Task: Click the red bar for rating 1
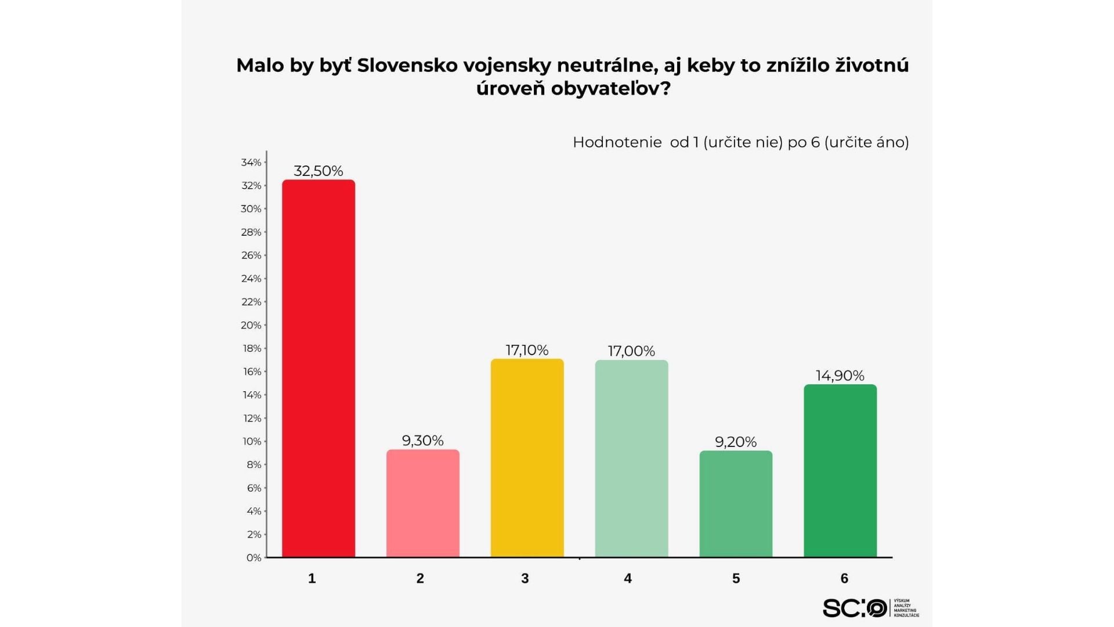pos(318,369)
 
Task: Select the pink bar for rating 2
pos(422,503)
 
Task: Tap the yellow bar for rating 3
pos(527,458)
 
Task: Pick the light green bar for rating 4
pos(631,459)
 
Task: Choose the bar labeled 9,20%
pos(736,504)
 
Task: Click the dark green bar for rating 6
pos(840,471)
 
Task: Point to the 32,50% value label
pos(318,171)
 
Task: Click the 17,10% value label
pos(527,350)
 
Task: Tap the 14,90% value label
pos(840,376)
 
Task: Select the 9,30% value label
pos(422,441)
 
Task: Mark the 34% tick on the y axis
pos(251,163)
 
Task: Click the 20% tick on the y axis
pos(251,325)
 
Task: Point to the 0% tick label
pos(254,558)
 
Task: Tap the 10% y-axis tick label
pos(251,441)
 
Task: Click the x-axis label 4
pos(628,578)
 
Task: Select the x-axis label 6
pos(844,578)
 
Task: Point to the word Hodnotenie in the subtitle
pos(617,142)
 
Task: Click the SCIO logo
pos(855,608)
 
